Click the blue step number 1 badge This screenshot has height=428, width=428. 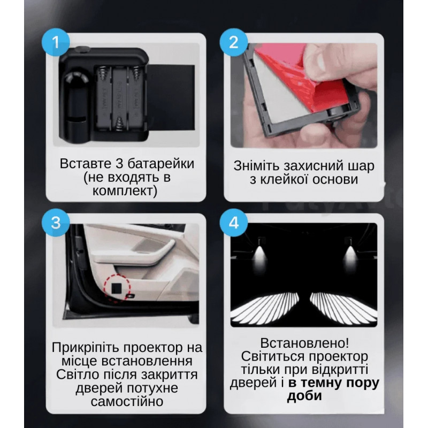56,42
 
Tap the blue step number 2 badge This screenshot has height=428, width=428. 234,42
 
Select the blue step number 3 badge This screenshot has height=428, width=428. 56,223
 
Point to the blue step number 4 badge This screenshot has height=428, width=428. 234,223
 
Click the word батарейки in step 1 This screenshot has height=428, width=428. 161,164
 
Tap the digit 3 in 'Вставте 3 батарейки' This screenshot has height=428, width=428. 119,164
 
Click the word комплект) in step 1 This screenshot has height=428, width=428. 125,190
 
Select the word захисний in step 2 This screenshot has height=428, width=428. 312,166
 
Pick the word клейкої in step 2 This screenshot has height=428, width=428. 284,179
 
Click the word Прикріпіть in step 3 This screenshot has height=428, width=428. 86,348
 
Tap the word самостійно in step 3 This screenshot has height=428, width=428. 127,401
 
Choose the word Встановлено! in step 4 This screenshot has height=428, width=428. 304,343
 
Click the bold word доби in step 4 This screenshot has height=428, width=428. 304,395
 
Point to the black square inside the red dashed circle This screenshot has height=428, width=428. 117,288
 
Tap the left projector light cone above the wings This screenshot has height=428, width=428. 259,255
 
